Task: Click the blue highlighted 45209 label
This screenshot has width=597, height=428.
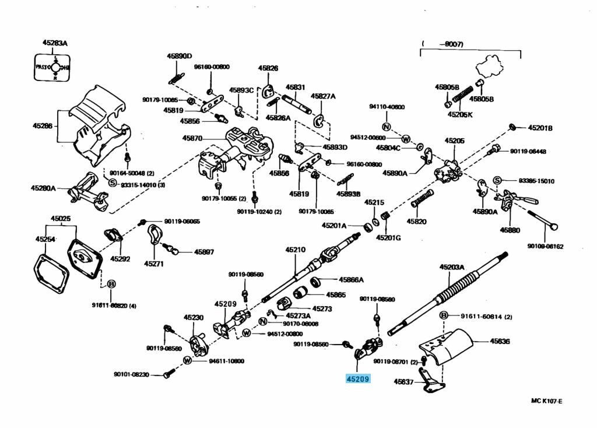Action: point(357,378)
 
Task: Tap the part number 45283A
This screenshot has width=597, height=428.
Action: point(55,43)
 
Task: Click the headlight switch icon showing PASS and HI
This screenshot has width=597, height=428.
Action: point(53,68)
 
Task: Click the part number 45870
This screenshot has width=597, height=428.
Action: point(192,138)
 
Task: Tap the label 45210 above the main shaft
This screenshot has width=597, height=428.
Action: point(295,250)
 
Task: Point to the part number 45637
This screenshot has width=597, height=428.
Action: point(403,382)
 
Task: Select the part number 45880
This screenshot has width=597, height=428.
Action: point(509,230)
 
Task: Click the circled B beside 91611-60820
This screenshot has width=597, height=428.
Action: point(111,284)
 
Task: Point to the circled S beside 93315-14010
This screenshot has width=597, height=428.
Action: point(113,183)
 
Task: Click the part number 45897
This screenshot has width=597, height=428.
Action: point(205,252)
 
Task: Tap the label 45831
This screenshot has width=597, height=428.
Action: point(295,87)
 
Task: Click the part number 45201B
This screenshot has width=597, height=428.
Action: point(540,128)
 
